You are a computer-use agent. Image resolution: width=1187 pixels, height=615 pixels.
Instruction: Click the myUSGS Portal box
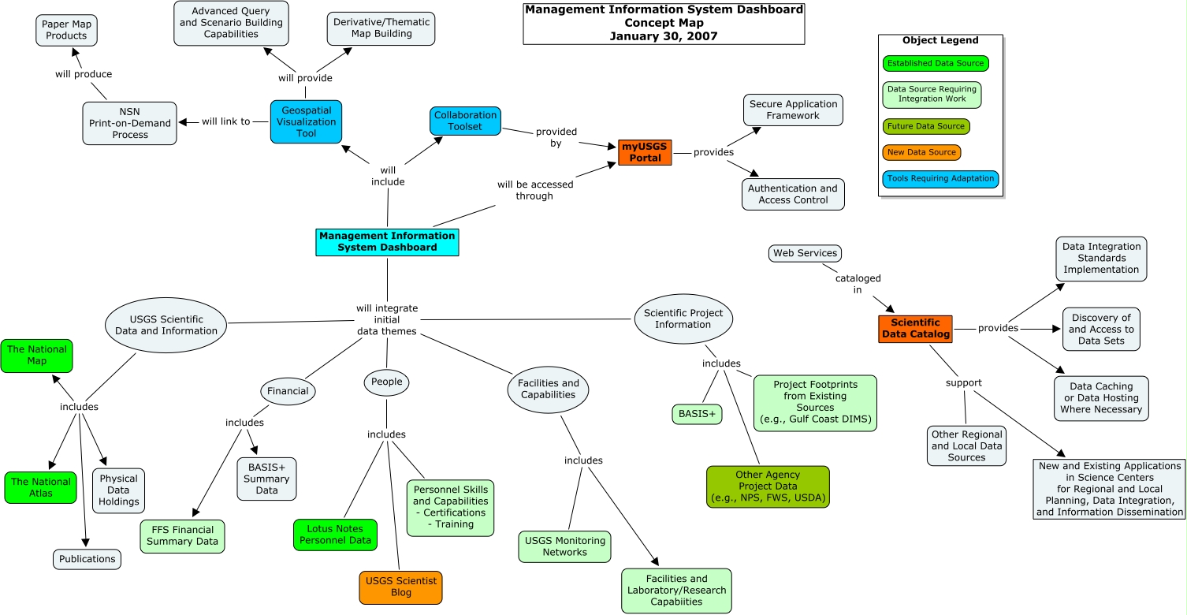point(645,153)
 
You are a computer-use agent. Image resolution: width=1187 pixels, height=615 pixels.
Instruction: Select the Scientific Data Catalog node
point(915,329)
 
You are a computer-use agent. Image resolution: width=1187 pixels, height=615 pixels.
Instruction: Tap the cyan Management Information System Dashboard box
point(387,242)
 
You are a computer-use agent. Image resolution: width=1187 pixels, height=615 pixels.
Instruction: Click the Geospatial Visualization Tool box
point(307,122)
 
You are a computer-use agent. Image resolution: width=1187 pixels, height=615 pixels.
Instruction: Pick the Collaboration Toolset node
point(465,121)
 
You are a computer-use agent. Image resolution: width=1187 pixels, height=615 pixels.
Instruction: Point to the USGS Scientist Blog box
point(400,587)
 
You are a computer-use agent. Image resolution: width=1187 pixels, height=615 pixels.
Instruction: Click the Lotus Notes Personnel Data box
point(336,535)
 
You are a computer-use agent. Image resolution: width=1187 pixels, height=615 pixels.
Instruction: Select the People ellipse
point(386,382)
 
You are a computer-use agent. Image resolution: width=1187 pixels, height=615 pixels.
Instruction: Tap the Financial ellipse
point(288,391)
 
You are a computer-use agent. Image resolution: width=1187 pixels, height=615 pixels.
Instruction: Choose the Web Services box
point(805,253)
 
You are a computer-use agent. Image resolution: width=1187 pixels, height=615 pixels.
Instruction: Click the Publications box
point(87,559)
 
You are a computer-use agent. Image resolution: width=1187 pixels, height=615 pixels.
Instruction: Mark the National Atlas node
point(41,487)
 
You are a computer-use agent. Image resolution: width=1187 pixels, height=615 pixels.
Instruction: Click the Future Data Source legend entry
point(926,126)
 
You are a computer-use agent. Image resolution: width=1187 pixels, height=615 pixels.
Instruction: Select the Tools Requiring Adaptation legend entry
point(940,179)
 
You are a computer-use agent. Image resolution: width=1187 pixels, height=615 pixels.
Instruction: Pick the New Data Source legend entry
point(921,152)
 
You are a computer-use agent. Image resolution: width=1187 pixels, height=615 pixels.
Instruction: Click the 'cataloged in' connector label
point(858,284)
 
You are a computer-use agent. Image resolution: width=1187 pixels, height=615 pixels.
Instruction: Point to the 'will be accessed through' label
point(534,190)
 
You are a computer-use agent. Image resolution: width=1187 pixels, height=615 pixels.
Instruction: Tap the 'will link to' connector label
point(225,121)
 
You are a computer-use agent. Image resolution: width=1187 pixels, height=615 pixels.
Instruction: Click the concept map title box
point(664,24)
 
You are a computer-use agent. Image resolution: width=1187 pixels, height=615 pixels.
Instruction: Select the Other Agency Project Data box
point(768,486)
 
